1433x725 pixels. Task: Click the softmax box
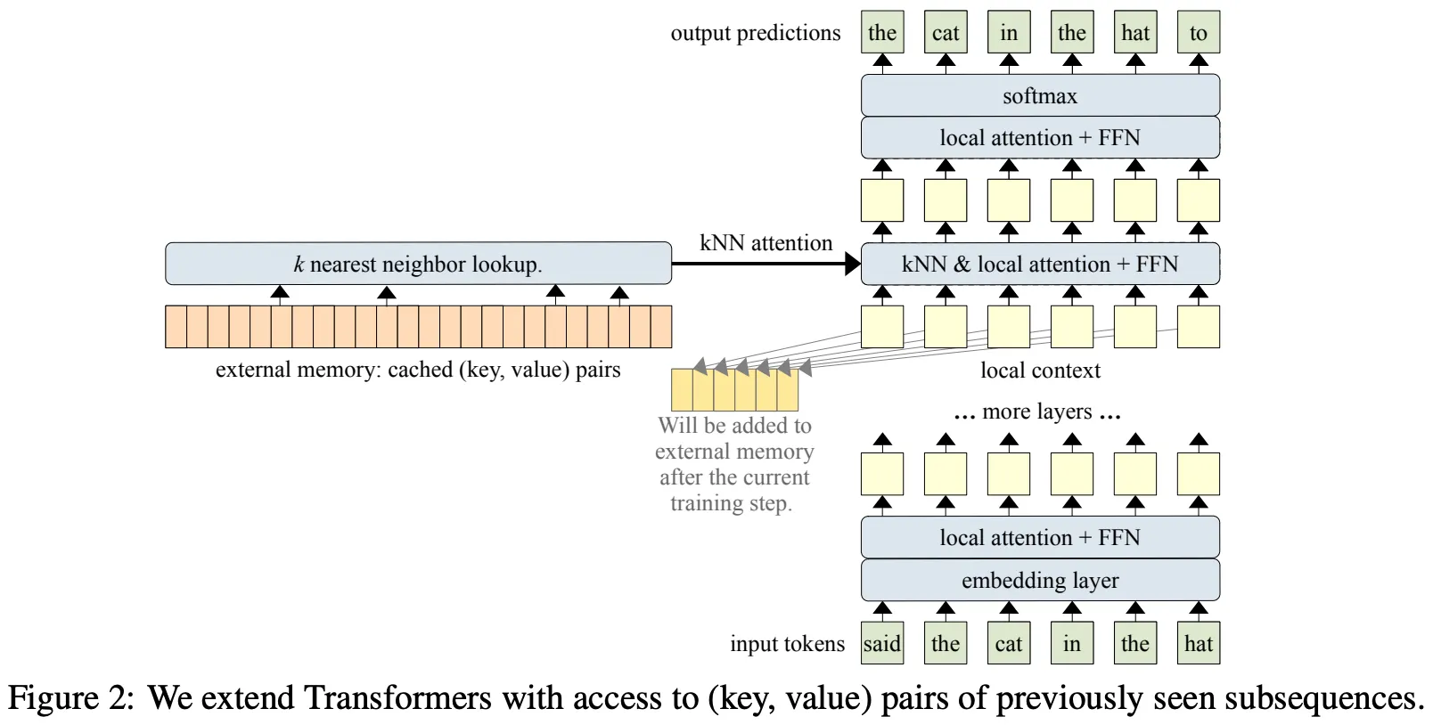tap(1040, 95)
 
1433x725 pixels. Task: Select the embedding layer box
tap(1040, 581)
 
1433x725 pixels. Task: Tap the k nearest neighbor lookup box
tap(418, 264)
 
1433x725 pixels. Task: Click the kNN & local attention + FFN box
tap(1040, 264)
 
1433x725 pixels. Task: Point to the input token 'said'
tap(882, 644)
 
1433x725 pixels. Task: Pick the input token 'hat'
tap(1198, 644)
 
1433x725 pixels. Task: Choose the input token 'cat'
tap(1009, 644)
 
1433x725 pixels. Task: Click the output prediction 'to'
tap(1198, 33)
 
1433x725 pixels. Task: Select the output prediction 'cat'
tap(946, 33)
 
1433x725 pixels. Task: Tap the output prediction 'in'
tap(1009, 33)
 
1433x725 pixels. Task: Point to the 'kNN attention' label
tap(766, 243)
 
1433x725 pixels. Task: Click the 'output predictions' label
tap(755, 33)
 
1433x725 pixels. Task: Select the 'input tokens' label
tap(787, 644)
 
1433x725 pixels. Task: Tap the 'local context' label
tap(1040, 371)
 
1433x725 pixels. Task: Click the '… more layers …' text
tap(1037, 411)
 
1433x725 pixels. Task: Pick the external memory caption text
tap(418, 370)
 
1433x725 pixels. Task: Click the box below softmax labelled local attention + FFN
tap(1040, 138)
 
